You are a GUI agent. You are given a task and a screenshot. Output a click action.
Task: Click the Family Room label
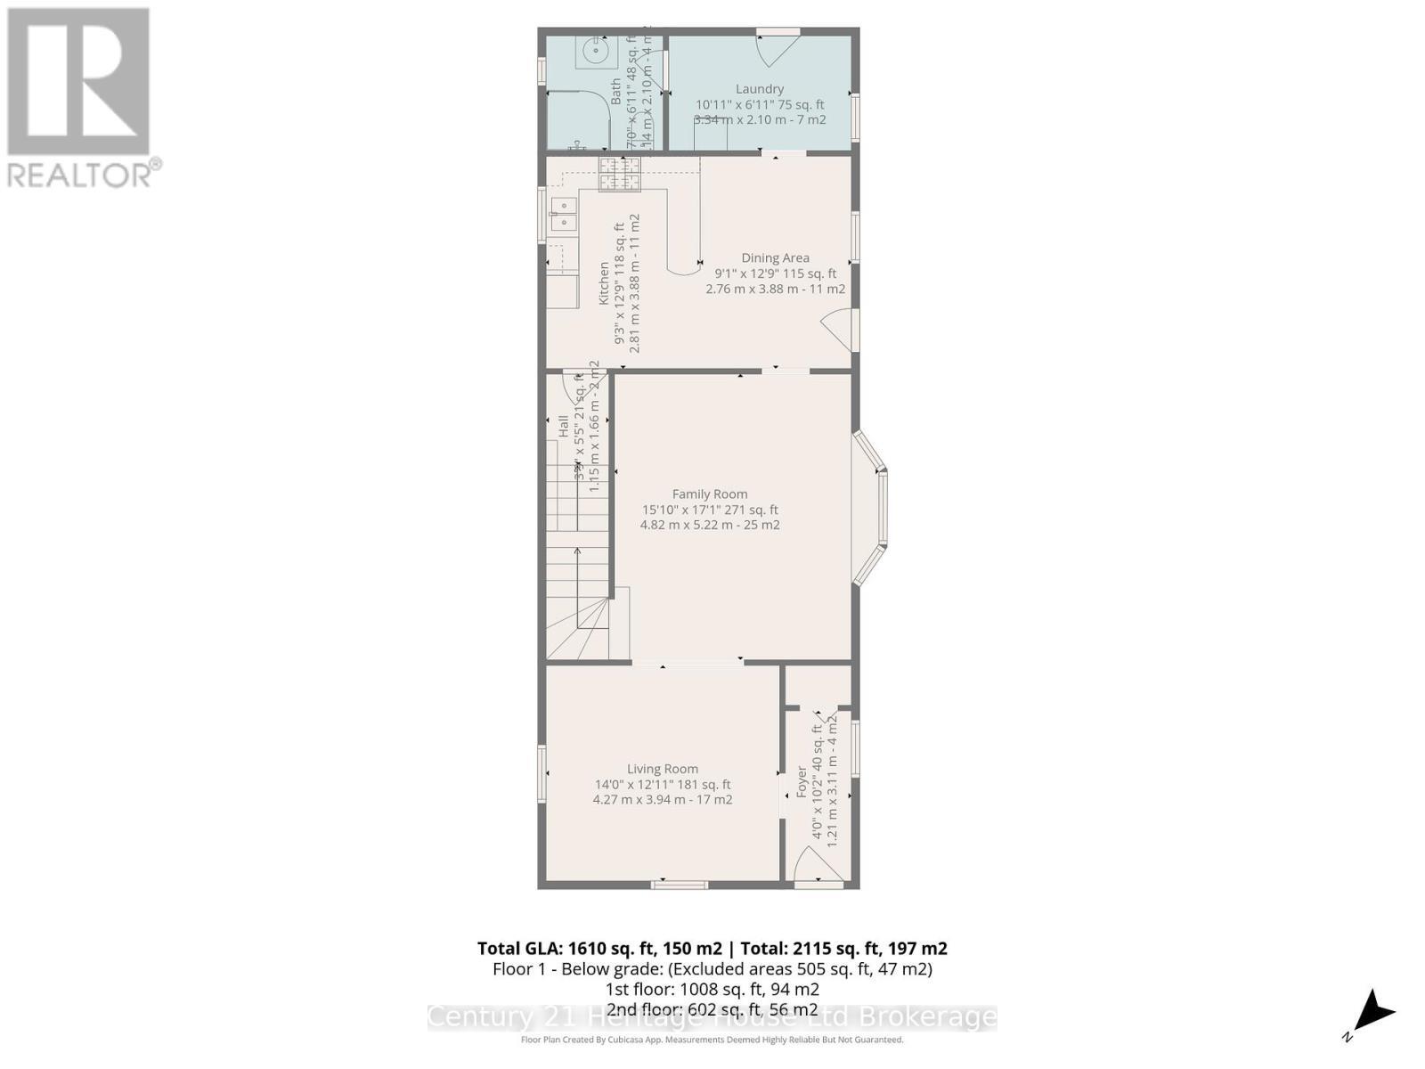tap(709, 494)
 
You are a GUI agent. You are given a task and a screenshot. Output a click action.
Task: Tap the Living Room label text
tap(662, 769)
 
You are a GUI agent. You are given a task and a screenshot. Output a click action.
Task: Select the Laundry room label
tap(759, 89)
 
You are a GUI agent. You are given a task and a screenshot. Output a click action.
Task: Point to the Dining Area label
tap(775, 257)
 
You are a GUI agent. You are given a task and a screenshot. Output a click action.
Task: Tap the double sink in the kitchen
tap(563, 215)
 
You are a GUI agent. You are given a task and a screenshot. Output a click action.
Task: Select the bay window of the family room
tap(871, 509)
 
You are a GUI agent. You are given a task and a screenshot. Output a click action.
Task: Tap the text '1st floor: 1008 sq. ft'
tap(712, 989)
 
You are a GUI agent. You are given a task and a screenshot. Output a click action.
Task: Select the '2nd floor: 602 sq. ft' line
tap(712, 1009)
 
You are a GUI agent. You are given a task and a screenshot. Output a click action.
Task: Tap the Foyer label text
tap(802, 781)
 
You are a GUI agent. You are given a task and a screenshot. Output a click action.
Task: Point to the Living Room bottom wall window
tap(679, 885)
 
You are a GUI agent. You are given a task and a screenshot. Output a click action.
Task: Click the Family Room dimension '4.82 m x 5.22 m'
tap(709, 525)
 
